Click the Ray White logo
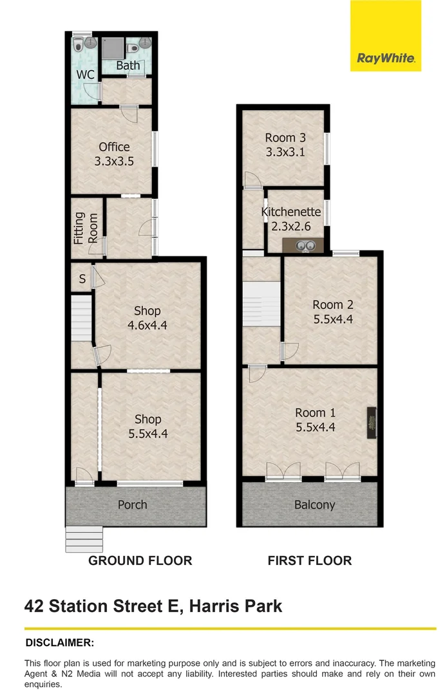click(385, 35)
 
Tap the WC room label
click(85, 75)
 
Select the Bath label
click(128, 66)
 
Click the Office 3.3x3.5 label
click(114, 154)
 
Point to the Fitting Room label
click(86, 228)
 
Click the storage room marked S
click(82, 279)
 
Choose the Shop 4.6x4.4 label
click(147, 318)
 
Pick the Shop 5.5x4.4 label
click(148, 426)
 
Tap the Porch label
click(132, 505)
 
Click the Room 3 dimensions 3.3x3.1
click(285, 152)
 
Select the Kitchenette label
click(291, 212)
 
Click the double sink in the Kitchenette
click(305, 245)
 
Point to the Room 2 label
click(333, 305)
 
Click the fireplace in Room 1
click(372, 423)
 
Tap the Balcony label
click(314, 505)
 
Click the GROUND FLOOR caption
click(140, 561)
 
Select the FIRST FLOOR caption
click(310, 561)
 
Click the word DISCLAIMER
click(59, 643)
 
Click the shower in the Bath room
click(113, 48)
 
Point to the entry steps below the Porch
click(84, 539)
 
